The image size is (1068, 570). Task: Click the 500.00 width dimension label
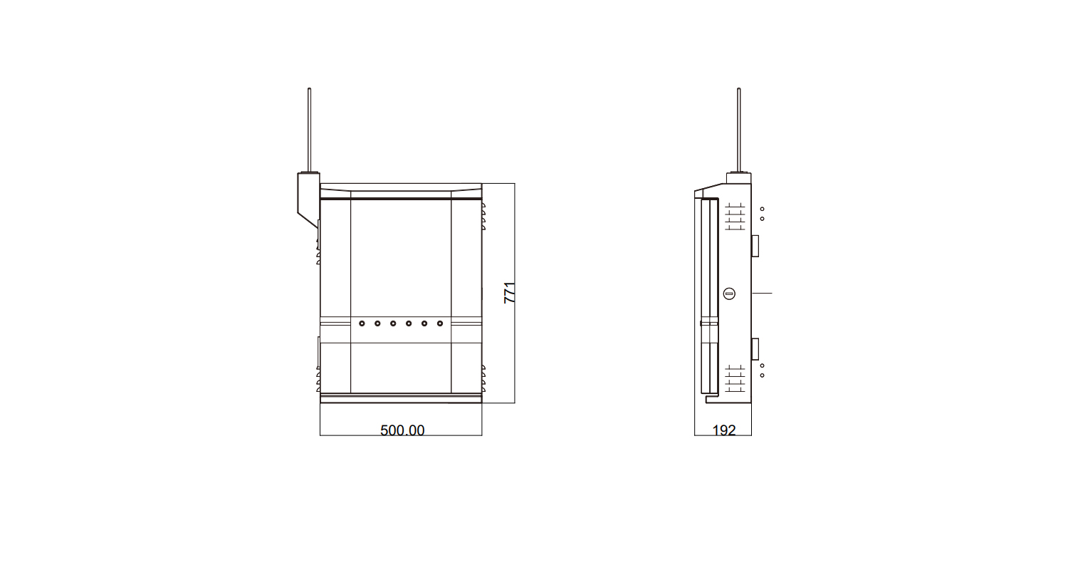(x=402, y=430)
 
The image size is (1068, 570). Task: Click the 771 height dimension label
(x=510, y=293)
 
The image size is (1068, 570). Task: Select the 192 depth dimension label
(x=724, y=430)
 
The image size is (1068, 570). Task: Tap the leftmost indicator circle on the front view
(x=362, y=323)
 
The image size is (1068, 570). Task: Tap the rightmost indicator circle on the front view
(x=440, y=323)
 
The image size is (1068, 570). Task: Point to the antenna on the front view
(x=310, y=130)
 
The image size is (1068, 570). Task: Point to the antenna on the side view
(x=738, y=130)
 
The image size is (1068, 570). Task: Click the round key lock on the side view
(x=729, y=294)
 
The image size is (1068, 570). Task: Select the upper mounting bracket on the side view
(x=755, y=246)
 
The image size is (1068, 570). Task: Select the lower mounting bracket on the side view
(x=755, y=348)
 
